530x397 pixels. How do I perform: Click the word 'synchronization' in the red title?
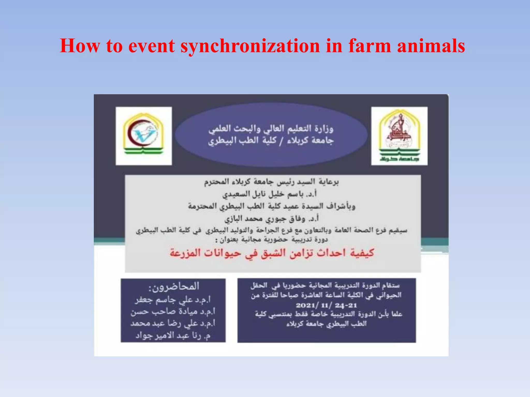pyautogui.click(x=250, y=46)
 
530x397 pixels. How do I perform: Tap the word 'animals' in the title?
pyautogui.click(x=431, y=46)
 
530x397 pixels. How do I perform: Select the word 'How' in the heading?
pyautogui.click(x=80, y=46)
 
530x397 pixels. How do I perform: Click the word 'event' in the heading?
pyautogui.click(x=151, y=46)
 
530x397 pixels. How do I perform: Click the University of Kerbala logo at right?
pyautogui.click(x=399, y=136)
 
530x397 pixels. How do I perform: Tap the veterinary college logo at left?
pyautogui.click(x=144, y=136)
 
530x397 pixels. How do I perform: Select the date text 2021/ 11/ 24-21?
pyautogui.click(x=326, y=305)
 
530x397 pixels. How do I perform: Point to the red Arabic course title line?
pyautogui.click(x=272, y=253)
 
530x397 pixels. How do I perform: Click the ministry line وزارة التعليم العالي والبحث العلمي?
pyautogui.click(x=271, y=128)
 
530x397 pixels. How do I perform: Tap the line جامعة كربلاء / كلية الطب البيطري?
pyautogui.click(x=271, y=141)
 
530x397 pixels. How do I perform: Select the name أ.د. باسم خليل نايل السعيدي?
pyautogui.click(x=269, y=194)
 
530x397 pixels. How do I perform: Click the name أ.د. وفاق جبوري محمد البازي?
pyautogui.click(x=271, y=219)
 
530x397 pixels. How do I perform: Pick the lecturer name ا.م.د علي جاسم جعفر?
pyautogui.click(x=173, y=300)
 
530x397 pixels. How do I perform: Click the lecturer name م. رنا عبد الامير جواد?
pyautogui.click(x=173, y=335)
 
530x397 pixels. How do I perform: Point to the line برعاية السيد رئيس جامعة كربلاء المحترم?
pyautogui.click(x=271, y=182)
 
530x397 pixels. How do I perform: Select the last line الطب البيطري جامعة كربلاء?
pyautogui.click(x=326, y=324)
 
